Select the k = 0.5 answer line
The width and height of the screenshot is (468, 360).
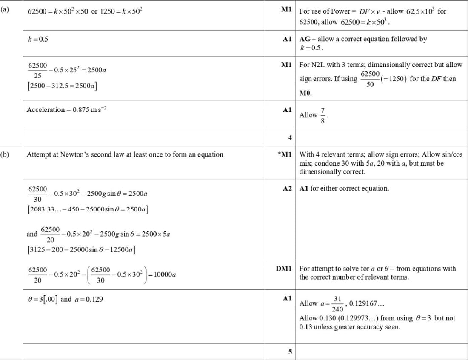(x=37, y=39)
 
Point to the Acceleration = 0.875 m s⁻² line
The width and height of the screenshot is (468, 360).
(x=66, y=110)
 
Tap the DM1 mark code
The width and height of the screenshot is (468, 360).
(x=283, y=269)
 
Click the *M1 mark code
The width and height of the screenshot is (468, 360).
(x=284, y=154)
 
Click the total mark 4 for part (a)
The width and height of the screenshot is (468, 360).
(x=290, y=137)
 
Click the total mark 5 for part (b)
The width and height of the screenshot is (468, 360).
(x=290, y=352)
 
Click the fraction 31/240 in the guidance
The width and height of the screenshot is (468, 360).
(x=337, y=303)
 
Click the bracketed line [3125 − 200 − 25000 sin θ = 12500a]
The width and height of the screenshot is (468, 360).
(x=81, y=249)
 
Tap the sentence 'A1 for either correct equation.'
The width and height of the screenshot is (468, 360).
(x=344, y=188)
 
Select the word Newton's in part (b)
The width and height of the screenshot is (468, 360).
(x=74, y=154)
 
